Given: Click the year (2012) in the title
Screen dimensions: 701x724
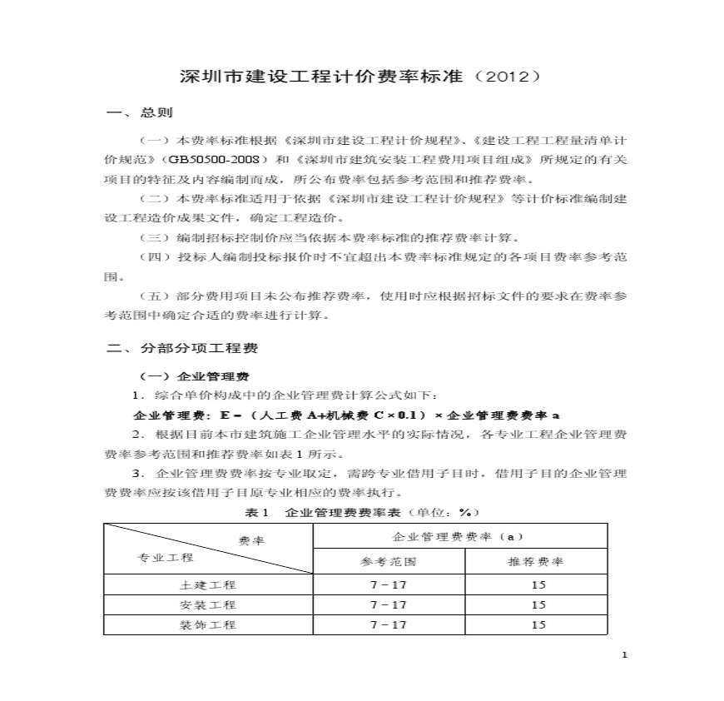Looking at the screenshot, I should coord(508,77).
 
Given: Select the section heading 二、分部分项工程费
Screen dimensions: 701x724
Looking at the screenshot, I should coord(181,348).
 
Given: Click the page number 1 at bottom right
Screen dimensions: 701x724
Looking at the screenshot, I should coord(623,655).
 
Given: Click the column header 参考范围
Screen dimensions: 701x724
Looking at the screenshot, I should coord(389,561).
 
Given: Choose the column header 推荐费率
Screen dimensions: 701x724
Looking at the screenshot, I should coord(536,561).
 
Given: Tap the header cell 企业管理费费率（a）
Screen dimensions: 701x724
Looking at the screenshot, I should coord(459,536).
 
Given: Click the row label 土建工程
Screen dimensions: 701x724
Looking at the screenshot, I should coord(208,585).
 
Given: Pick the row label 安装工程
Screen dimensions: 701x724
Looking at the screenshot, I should coord(208,605).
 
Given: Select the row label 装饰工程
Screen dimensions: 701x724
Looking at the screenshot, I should coord(208,625).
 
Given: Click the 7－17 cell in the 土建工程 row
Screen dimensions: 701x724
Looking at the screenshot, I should coord(389,585).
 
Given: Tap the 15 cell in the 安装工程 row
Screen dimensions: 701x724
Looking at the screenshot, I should coord(537,605).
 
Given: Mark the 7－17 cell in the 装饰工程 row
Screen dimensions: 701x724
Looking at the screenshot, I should coord(389,625).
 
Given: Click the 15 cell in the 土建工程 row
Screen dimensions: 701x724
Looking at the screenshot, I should coord(537,585).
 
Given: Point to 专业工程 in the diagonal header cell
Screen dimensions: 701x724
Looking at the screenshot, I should coord(165,557).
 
